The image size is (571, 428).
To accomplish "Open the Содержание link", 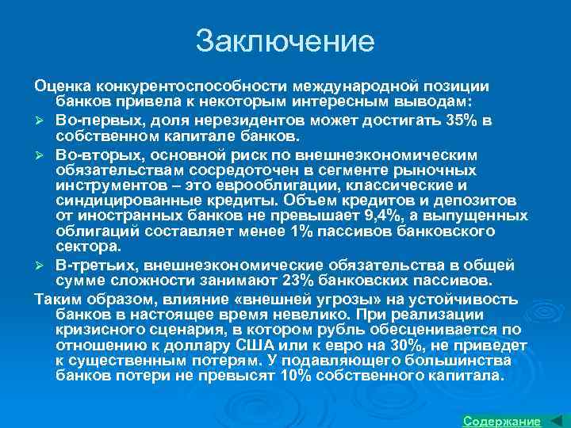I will [501, 421].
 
